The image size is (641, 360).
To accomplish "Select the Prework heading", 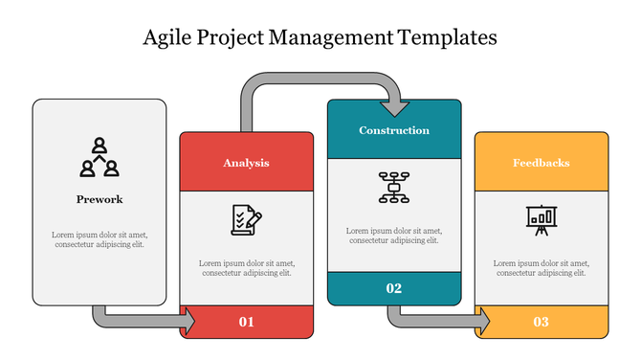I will pyautogui.click(x=99, y=200).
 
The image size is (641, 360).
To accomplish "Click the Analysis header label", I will pyautogui.click(x=246, y=163).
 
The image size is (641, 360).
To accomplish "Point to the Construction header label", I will pyautogui.click(x=394, y=130).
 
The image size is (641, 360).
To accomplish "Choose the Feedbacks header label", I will pyautogui.click(x=541, y=163).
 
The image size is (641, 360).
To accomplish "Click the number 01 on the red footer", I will pyautogui.click(x=246, y=322).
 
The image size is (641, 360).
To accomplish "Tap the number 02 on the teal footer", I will pyautogui.click(x=394, y=288).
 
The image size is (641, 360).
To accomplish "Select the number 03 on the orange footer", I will pyautogui.click(x=541, y=322).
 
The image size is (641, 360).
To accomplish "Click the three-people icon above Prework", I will pyautogui.click(x=99, y=158).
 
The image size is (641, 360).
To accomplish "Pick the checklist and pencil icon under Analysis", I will pyautogui.click(x=246, y=219).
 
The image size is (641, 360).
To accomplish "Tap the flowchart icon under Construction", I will pyautogui.click(x=394, y=187).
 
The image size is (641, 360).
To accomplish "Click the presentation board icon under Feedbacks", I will pyautogui.click(x=541, y=219).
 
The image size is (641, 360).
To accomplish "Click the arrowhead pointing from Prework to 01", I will pyautogui.click(x=188, y=322).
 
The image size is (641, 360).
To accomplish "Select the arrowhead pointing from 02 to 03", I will pyautogui.click(x=483, y=322).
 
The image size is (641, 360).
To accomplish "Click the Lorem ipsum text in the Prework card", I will pyautogui.click(x=99, y=239).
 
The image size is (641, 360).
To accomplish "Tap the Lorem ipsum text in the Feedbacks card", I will pyautogui.click(x=541, y=268).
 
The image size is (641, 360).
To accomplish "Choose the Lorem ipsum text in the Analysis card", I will pyautogui.click(x=246, y=268).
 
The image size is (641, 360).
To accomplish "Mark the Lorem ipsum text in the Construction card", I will pyautogui.click(x=394, y=236).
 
